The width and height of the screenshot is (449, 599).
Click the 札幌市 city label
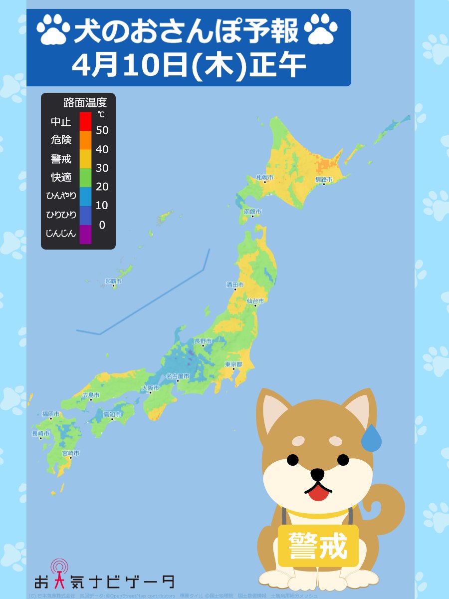[x=264, y=177]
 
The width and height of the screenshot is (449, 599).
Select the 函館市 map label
[x=252, y=212]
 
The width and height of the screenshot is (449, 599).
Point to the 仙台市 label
[x=255, y=301]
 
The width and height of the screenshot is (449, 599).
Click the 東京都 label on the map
[x=233, y=364]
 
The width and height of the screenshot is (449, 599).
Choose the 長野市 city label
[x=203, y=341]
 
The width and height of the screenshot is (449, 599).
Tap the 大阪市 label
[x=150, y=388]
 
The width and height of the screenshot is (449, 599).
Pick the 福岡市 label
[x=51, y=414]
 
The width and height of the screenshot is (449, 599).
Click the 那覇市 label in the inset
[x=113, y=282]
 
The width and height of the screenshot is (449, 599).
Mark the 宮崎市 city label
[x=70, y=453]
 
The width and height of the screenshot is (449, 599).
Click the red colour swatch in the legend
[x=85, y=121]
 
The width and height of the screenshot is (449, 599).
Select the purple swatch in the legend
[x=85, y=234]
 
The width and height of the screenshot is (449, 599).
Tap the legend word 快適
[x=61, y=177]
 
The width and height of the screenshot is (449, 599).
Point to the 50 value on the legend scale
[x=102, y=130]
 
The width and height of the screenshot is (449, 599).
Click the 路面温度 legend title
[x=85, y=103]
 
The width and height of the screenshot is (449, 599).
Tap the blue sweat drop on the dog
[x=371, y=439]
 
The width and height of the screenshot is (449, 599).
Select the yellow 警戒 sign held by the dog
[x=318, y=546]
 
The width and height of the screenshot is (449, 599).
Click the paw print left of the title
[x=53, y=28]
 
